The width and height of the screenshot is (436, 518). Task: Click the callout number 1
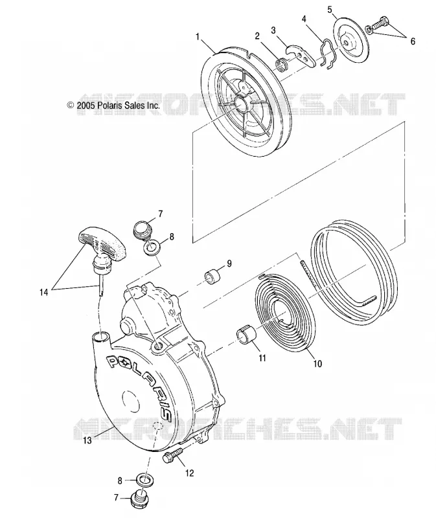198,36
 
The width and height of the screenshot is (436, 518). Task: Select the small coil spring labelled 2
282,63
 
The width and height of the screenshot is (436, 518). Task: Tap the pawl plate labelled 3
300,54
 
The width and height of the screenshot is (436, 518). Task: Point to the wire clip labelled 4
330,54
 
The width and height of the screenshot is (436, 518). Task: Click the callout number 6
413,41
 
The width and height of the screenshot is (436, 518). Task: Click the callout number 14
43,292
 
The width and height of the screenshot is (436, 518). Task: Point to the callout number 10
317,363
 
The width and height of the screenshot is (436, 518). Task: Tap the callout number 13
87,440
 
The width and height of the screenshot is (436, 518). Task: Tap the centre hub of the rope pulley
242,102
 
